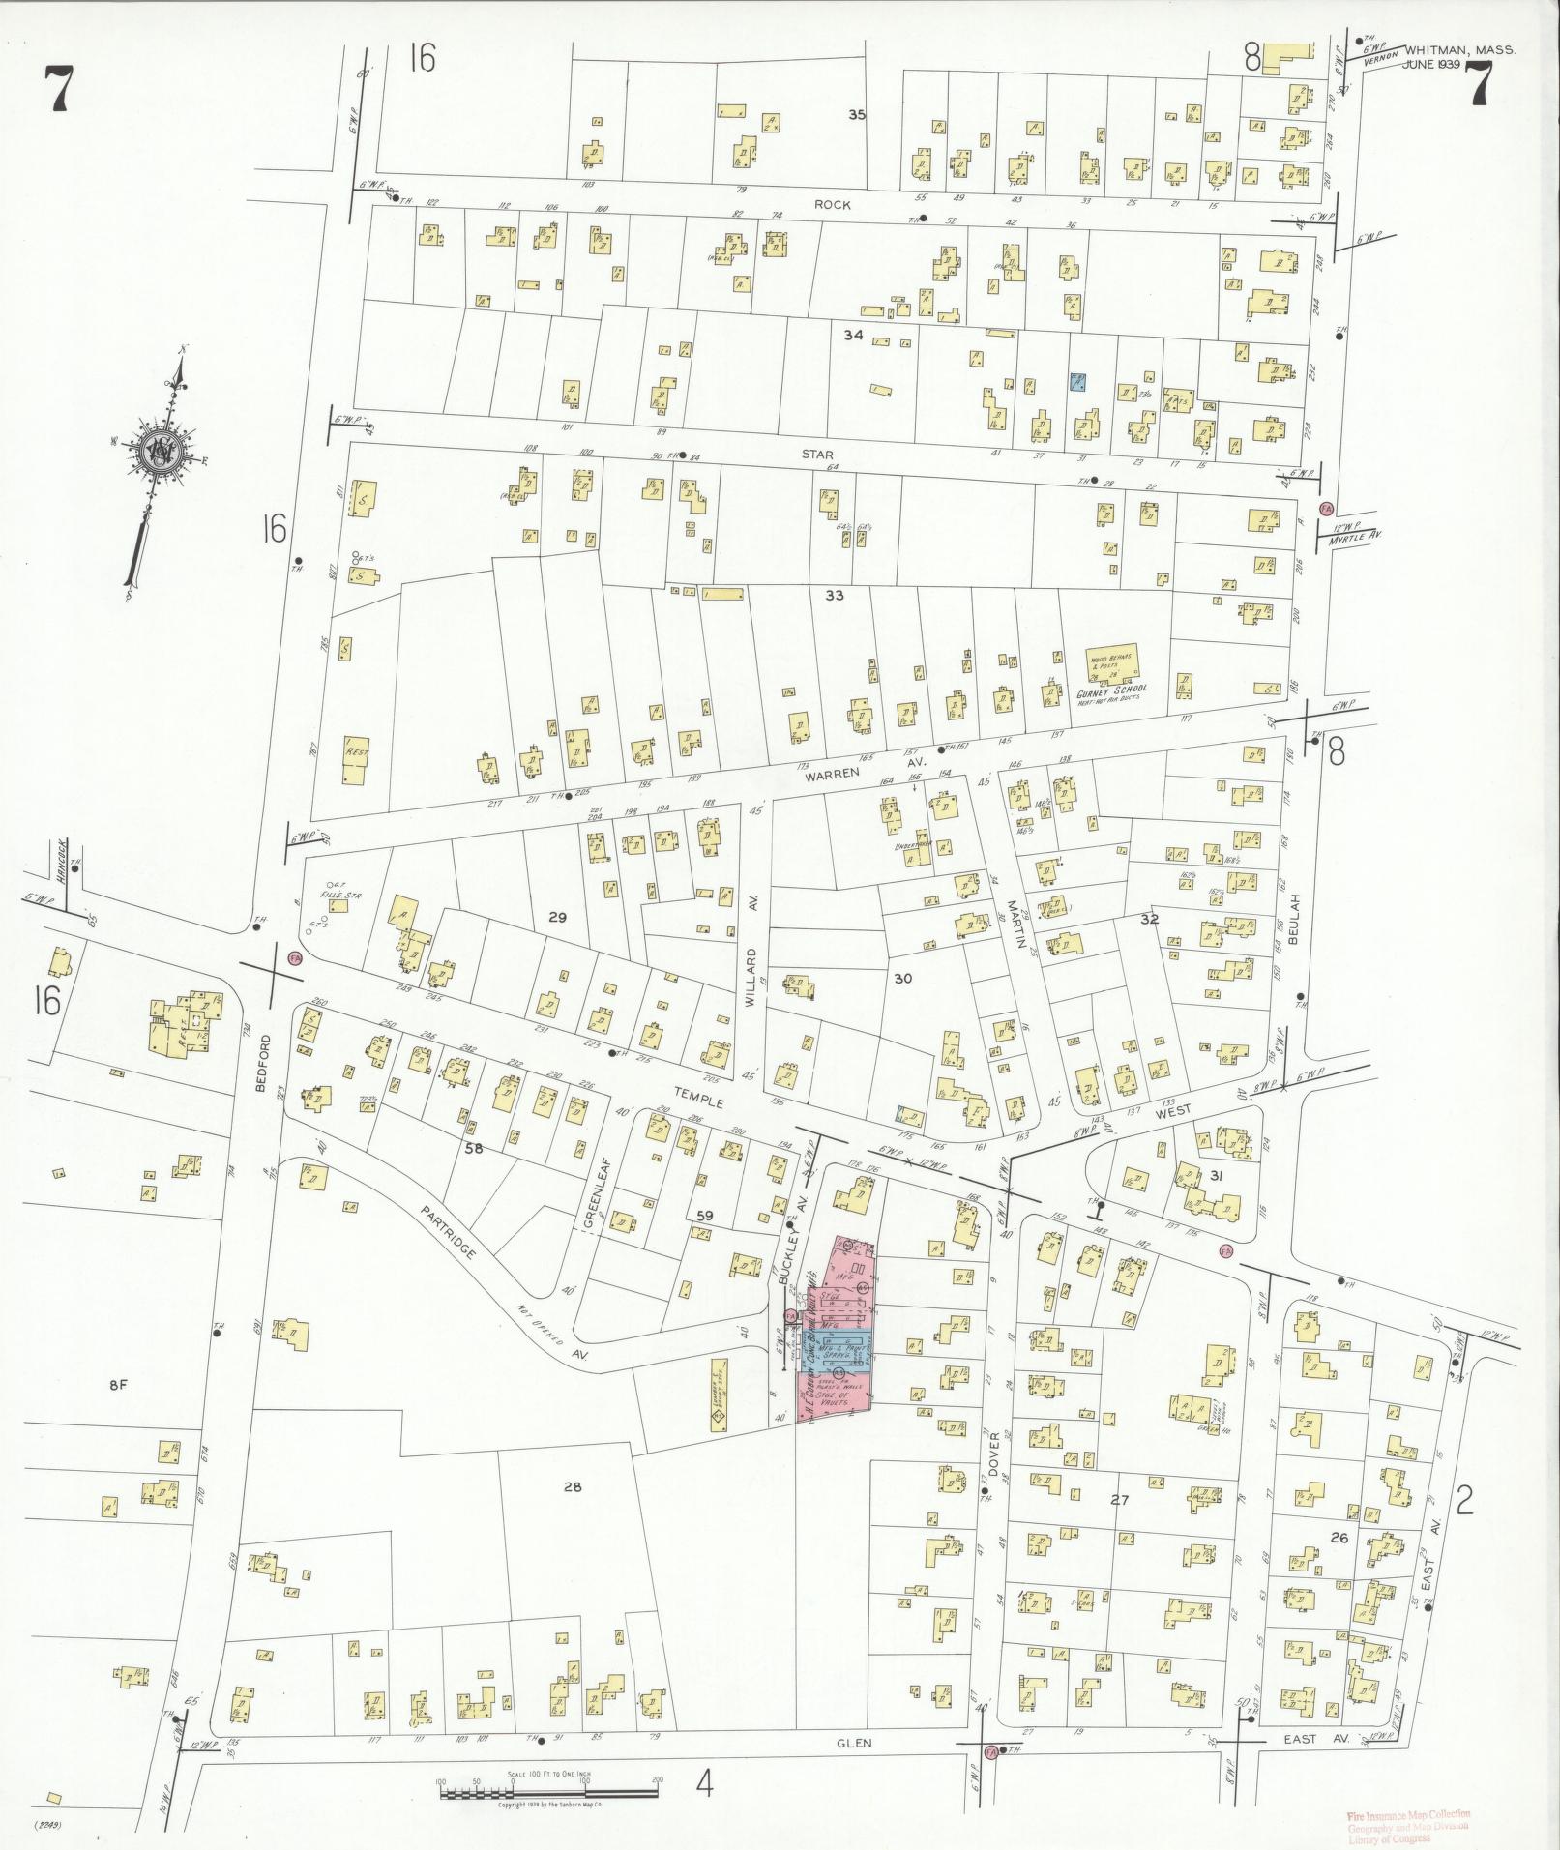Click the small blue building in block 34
(x=1076, y=381)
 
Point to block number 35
(x=856, y=115)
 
